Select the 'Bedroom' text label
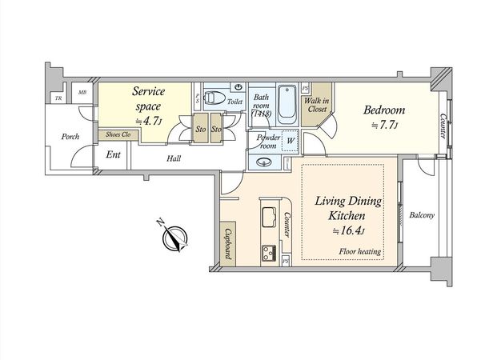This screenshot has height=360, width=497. pos(384,110)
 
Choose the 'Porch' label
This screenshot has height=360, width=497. pos(70,136)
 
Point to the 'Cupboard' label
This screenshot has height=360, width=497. pos(228,242)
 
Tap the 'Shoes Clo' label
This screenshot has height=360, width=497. pos(118,134)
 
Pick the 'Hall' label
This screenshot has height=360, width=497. pos(174,158)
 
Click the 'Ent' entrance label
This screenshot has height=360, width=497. pos(113,154)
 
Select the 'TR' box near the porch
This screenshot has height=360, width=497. pos(58,98)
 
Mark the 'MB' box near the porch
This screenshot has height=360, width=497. pos(82,94)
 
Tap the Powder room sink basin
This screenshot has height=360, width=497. pos(265,162)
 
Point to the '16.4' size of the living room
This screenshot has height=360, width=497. pos(349,231)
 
